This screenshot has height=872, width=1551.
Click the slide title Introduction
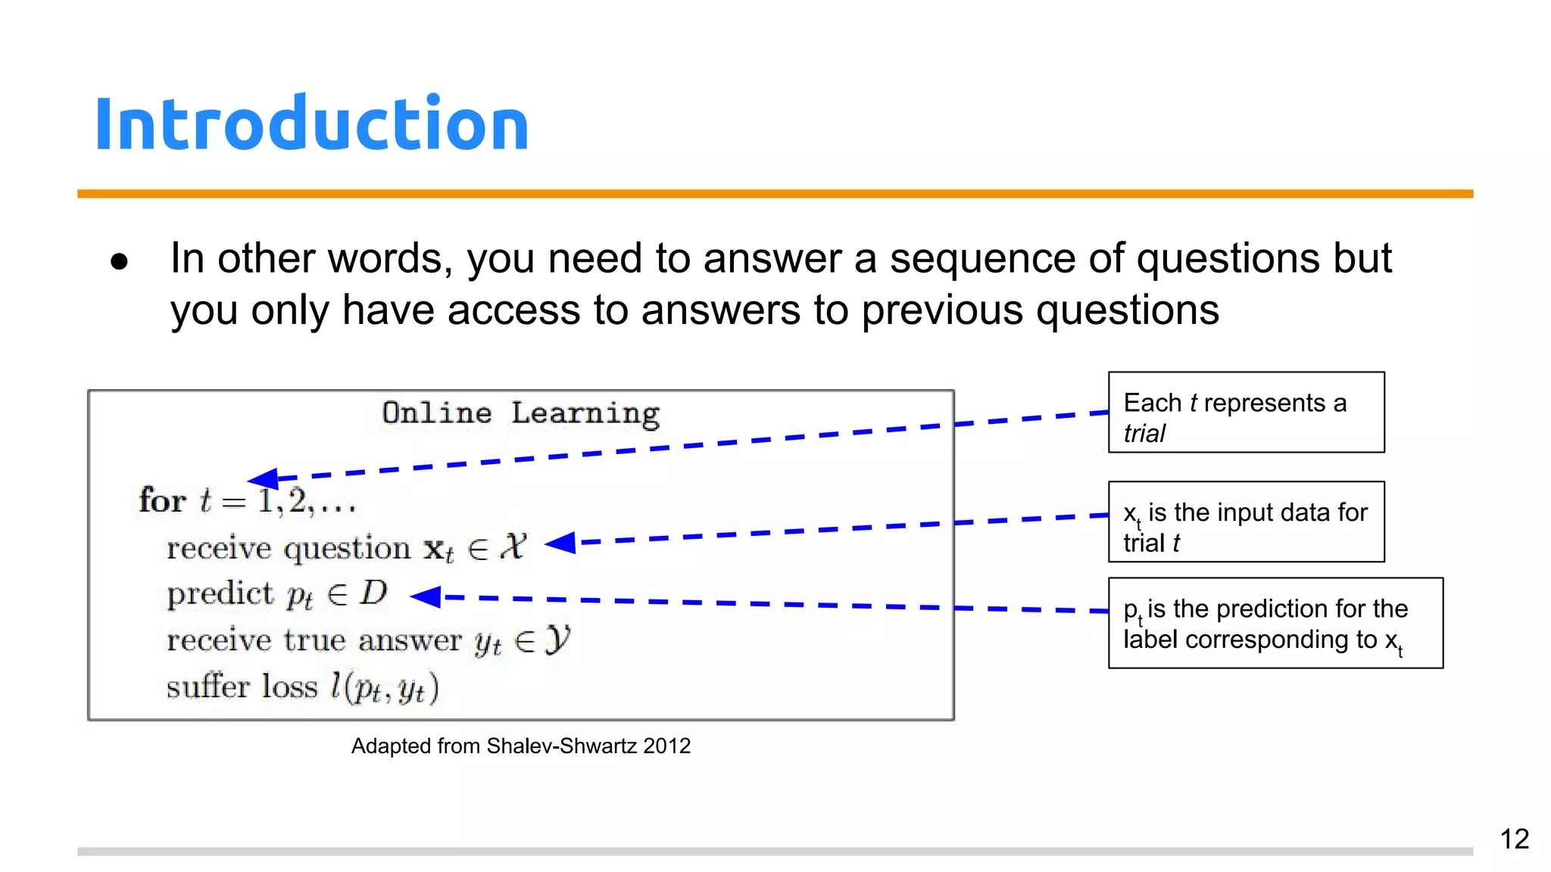click(x=311, y=124)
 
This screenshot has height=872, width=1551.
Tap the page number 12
click(x=1514, y=839)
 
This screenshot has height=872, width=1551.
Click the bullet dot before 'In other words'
click(x=119, y=262)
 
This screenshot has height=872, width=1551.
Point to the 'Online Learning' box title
click(x=520, y=413)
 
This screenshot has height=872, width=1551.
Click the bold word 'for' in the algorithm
click(x=162, y=501)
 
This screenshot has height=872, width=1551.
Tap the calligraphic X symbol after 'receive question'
click(x=513, y=546)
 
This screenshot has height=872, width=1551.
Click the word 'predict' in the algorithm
click(x=220, y=594)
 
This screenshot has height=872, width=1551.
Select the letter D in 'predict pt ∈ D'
click(x=373, y=593)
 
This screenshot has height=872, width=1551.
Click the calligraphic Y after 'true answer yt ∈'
click(x=557, y=640)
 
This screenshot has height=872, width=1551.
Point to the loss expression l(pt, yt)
click(x=384, y=687)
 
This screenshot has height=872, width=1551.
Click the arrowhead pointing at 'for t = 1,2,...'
click(x=263, y=478)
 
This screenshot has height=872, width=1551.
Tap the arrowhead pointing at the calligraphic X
click(x=560, y=543)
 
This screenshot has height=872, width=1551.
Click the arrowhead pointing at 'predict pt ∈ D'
click(x=426, y=596)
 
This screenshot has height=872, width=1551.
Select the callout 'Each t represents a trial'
click(x=1246, y=413)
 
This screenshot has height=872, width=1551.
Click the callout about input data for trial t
click(x=1246, y=522)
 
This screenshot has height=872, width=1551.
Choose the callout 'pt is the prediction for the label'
click(x=1275, y=624)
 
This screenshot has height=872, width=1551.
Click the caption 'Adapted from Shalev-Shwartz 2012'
click(x=520, y=746)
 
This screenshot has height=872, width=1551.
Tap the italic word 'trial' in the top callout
click(x=1144, y=434)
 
